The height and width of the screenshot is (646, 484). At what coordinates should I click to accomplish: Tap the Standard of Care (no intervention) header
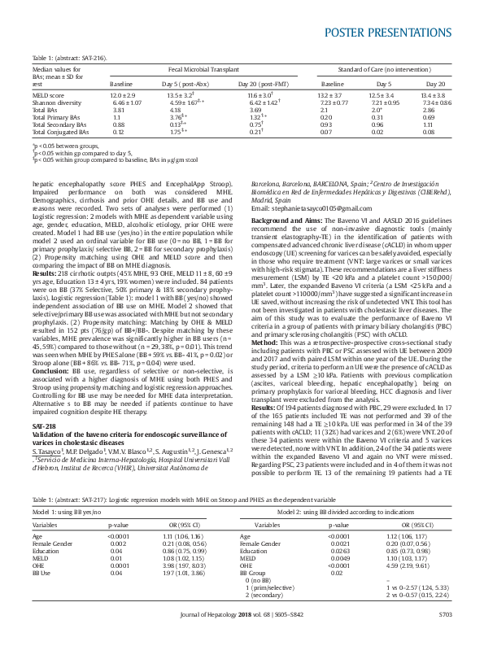coord(371,71)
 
